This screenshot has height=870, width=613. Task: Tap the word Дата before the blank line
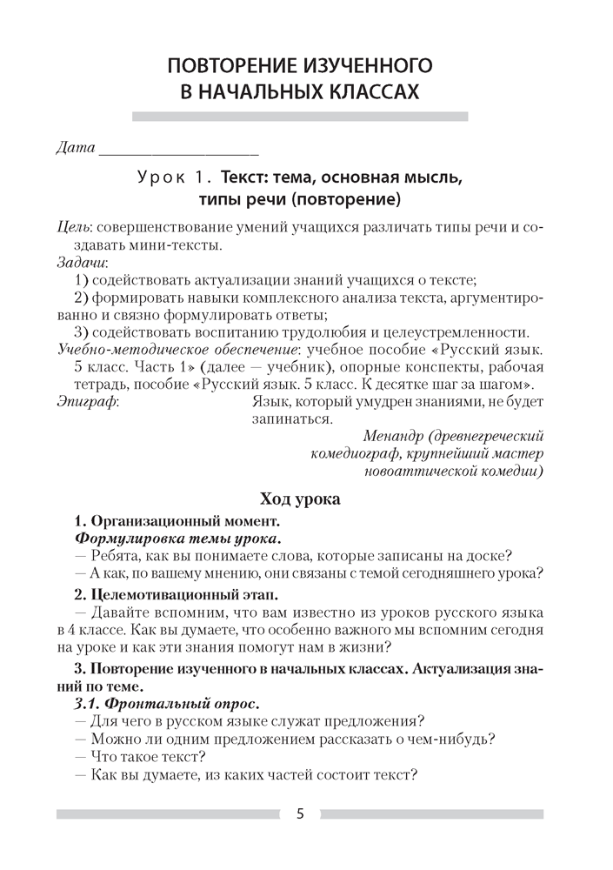coord(74,147)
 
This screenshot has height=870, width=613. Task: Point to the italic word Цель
coord(69,226)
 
